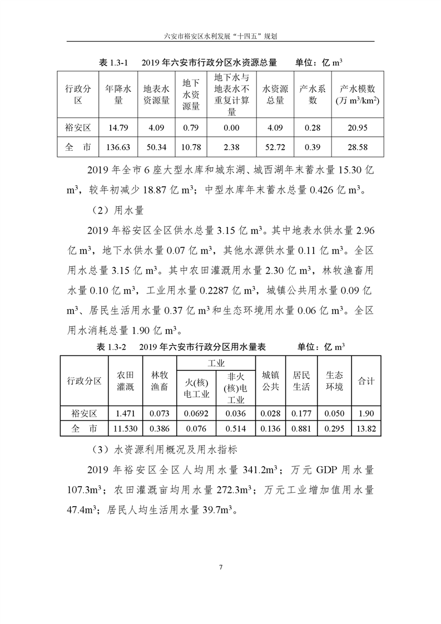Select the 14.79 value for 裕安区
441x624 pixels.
tap(118, 127)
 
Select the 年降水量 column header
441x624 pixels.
tap(118, 94)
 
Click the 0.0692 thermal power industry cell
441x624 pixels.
tap(196, 413)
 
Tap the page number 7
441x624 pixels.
tap(221, 567)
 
